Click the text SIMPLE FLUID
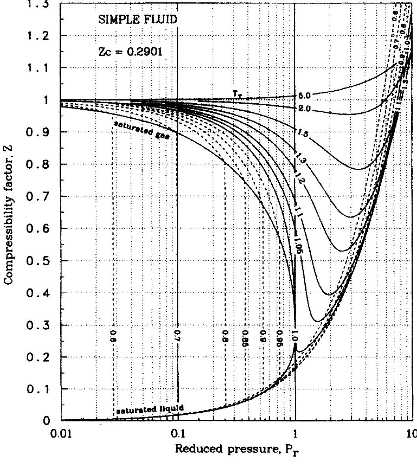[x=135, y=20]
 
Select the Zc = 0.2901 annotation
[x=130, y=52]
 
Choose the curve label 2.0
[x=305, y=108]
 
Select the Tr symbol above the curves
[x=236, y=93]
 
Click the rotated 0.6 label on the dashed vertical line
[x=112, y=335]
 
